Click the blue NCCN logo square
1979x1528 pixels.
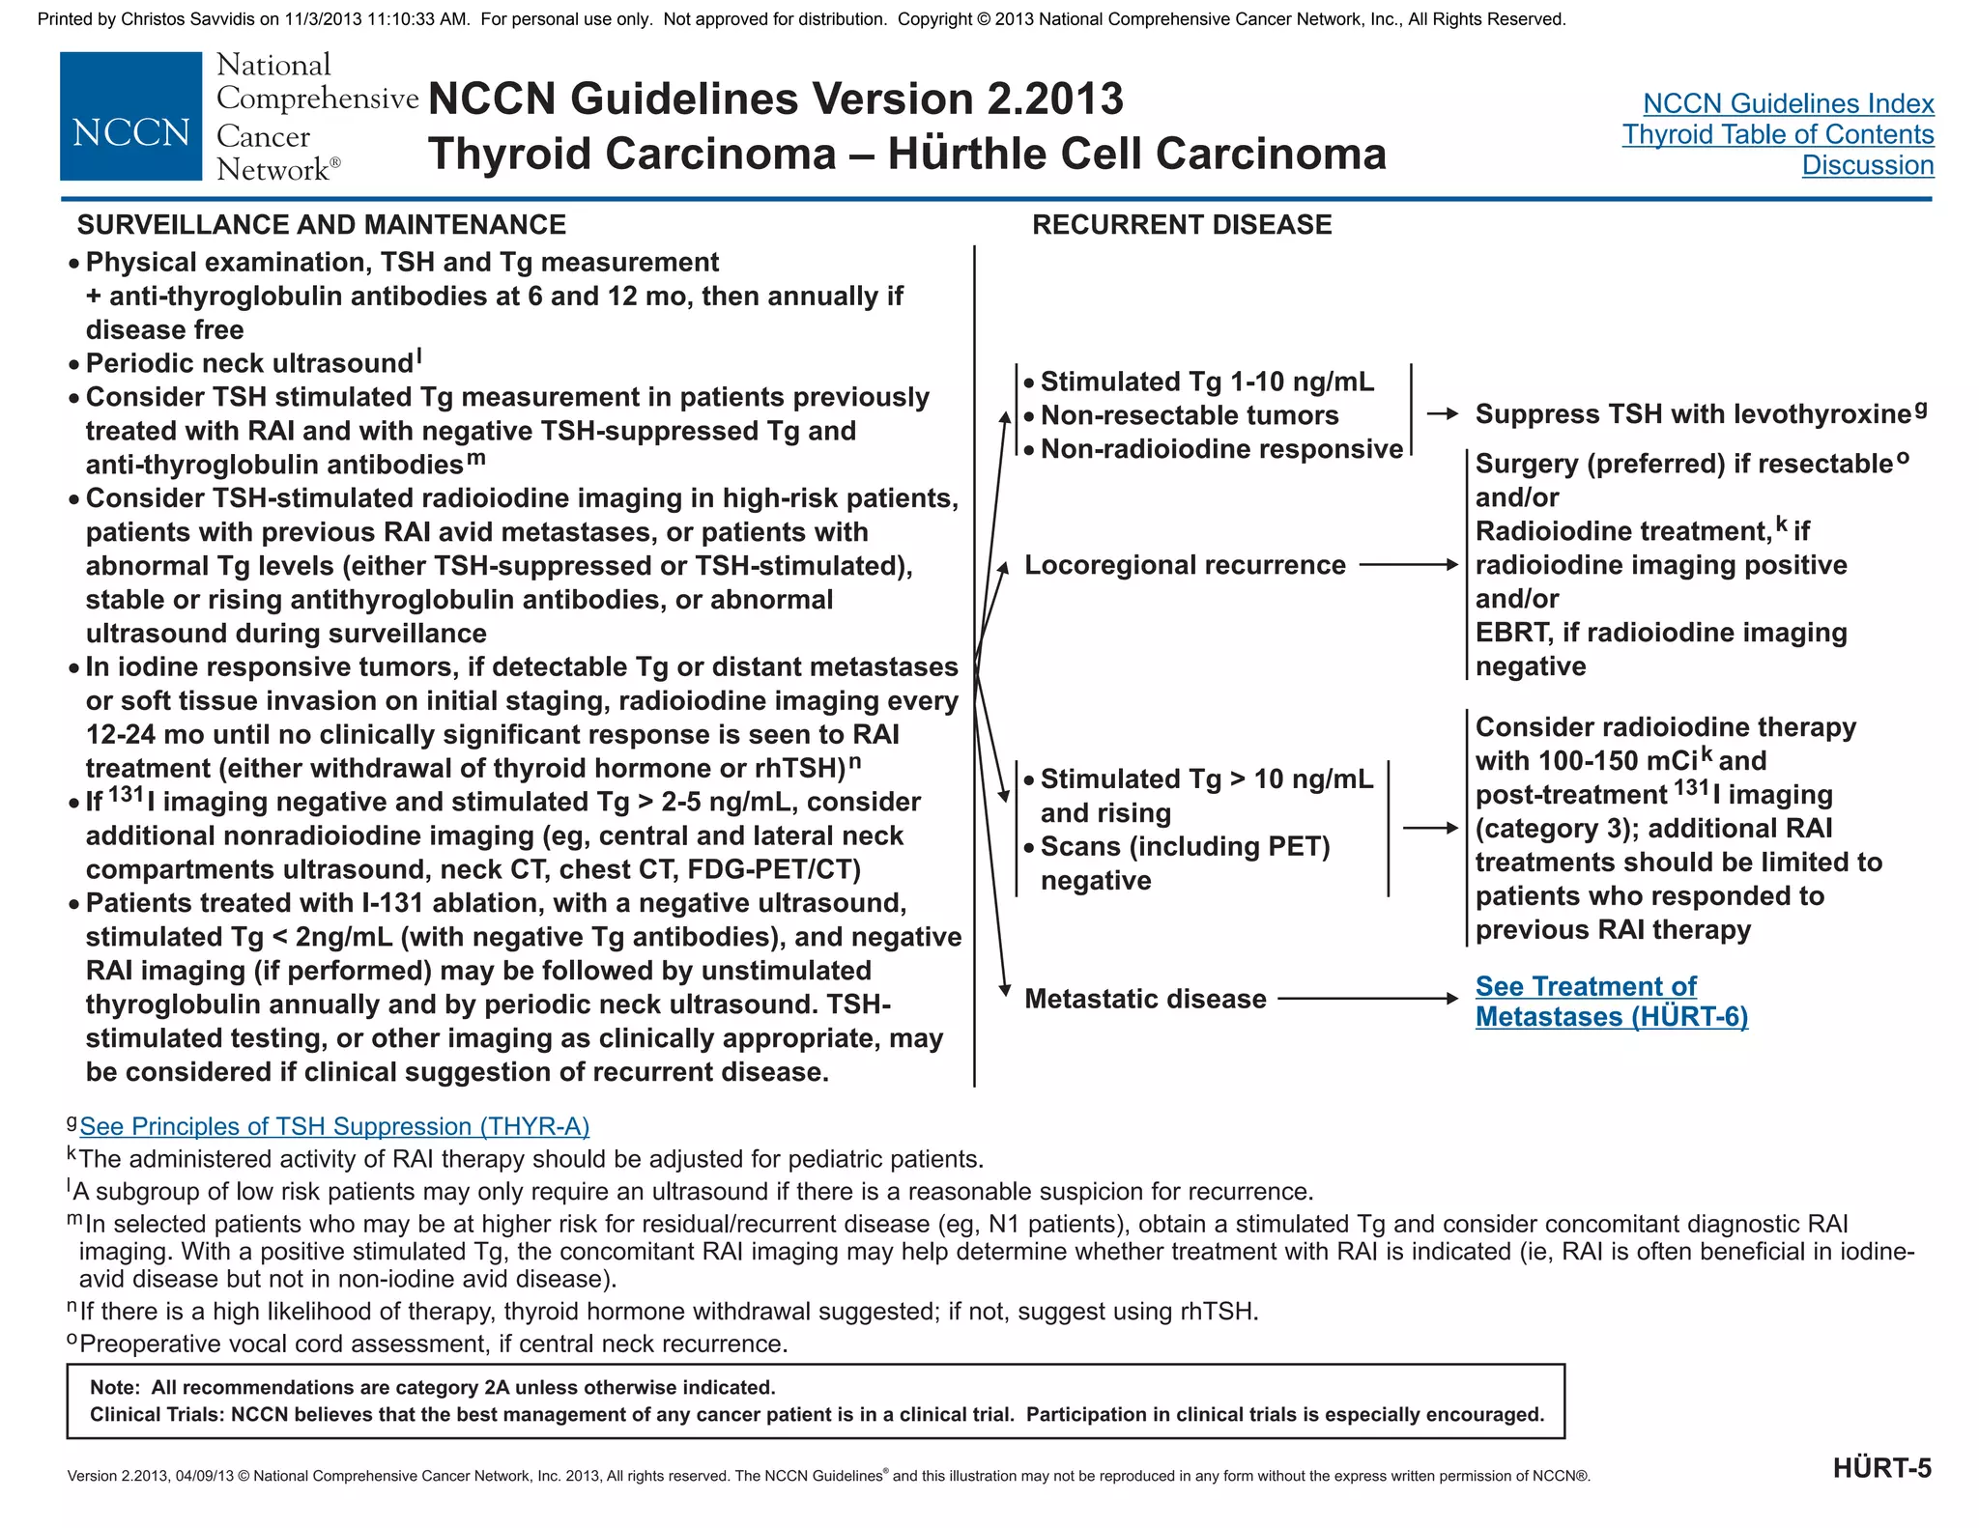pos(130,116)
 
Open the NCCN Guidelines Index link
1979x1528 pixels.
pos(1788,103)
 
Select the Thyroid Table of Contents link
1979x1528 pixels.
pos(1777,134)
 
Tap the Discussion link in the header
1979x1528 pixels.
pos(1867,165)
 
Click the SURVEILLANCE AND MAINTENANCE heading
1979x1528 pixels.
pos(321,225)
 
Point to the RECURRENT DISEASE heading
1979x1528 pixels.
pos(1181,225)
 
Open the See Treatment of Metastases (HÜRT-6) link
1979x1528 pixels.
pos(1611,1002)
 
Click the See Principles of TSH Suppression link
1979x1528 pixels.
pos(334,1126)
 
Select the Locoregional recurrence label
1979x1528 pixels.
pos(1185,565)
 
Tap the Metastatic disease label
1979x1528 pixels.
pos(1145,999)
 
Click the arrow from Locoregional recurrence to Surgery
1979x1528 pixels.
pos(1408,565)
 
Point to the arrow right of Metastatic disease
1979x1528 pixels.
pos(1367,999)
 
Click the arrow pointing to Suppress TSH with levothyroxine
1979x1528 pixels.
pos(1443,414)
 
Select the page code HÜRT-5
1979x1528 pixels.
pos(1881,1469)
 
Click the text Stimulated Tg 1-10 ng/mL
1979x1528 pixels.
pos(1207,382)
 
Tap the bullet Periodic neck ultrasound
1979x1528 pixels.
pos(249,363)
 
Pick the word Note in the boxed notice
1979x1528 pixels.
pos(114,1388)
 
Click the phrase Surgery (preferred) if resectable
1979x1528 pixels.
pos(1683,465)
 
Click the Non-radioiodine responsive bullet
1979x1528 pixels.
pos(1221,449)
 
